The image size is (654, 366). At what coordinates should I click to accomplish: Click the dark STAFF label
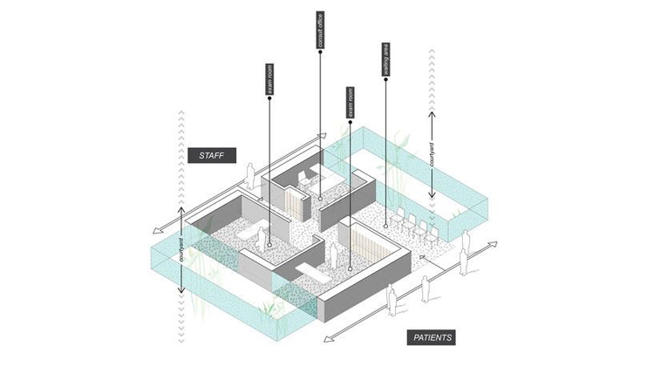click(212, 156)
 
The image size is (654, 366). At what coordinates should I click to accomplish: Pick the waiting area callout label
click(385, 62)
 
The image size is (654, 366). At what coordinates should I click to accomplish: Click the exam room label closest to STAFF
click(269, 81)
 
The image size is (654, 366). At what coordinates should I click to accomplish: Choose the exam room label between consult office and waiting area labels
click(351, 103)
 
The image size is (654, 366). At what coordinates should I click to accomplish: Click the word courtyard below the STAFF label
click(181, 249)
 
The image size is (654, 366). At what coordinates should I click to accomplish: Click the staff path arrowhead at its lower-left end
click(153, 232)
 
